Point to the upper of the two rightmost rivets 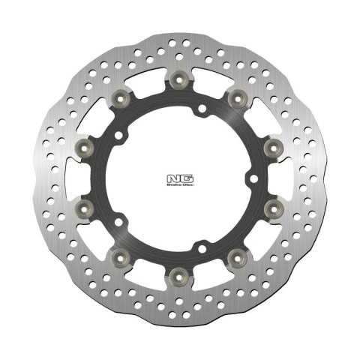point(271,144)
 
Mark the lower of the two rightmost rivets point(271,205)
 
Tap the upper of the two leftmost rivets point(85,144)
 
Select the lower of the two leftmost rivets point(85,205)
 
